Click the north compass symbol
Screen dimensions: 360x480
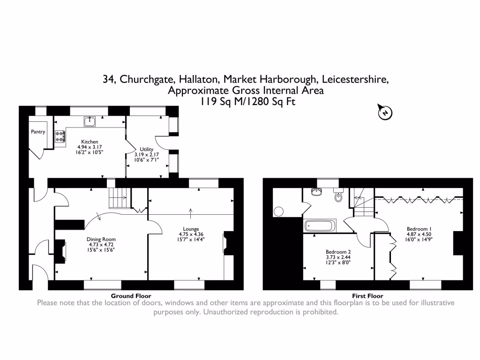pyautogui.click(x=385, y=112)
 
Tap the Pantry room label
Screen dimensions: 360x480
pyautogui.click(x=38, y=132)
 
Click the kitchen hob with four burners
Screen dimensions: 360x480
pyautogui.click(x=60, y=136)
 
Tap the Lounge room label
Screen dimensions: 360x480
pyautogui.click(x=191, y=228)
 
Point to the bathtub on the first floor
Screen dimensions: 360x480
pyautogui.click(x=321, y=226)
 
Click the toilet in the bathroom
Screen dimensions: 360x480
pyautogui.click(x=338, y=196)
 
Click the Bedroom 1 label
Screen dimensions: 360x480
pyautogui.click(x=419, y=229)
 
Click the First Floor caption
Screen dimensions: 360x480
pyautogui.click(x=367, y=296)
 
